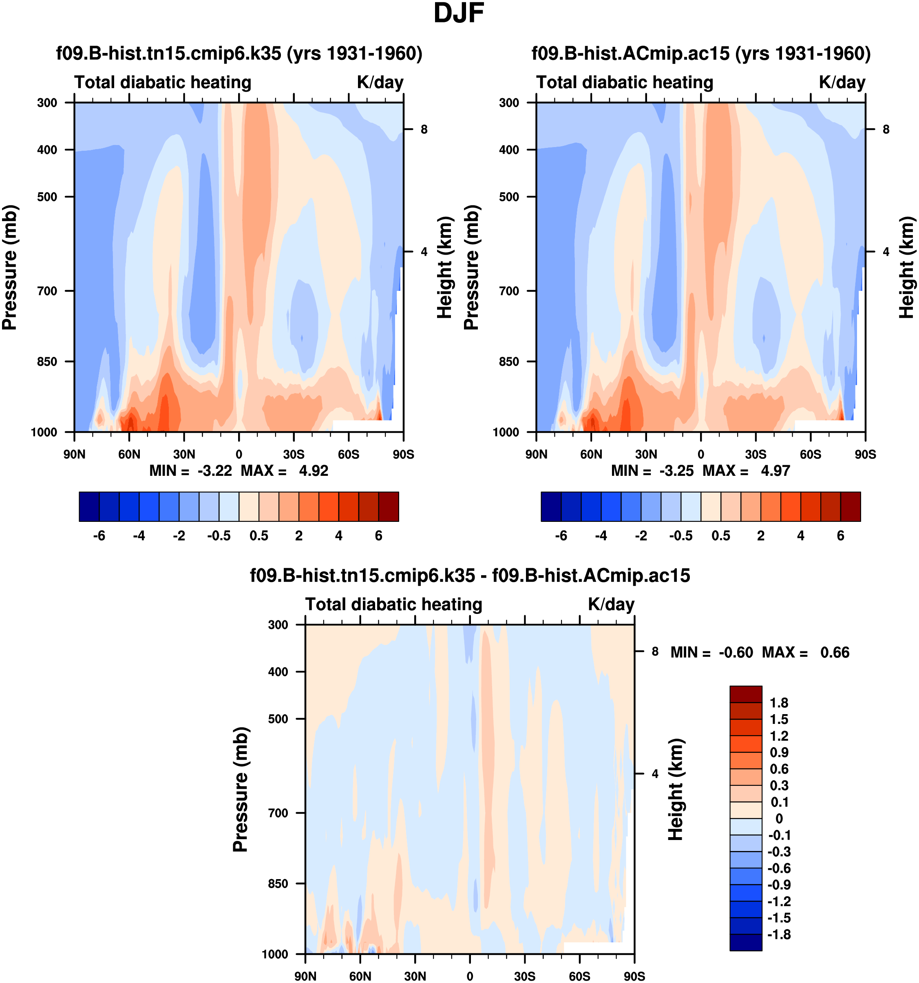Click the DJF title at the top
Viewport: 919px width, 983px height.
[458, 13]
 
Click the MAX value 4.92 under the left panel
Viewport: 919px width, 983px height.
[313, 471]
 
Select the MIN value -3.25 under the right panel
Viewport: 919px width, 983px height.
[676, 471]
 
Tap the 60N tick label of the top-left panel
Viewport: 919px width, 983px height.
[129, 454]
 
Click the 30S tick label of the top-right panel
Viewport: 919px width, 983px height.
[756, 454]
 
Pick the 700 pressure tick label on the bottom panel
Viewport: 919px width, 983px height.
[278, 813]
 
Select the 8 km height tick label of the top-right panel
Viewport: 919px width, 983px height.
[886, 130]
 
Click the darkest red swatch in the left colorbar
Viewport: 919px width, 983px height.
[389, 506]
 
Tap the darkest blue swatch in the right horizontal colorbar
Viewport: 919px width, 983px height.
[551, 506]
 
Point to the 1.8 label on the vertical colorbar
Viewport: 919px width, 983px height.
[779, 703]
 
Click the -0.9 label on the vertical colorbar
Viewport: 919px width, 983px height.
[779, 884]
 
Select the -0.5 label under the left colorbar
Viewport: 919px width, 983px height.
[219, 536]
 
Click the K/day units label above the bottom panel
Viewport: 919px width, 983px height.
[611, 604]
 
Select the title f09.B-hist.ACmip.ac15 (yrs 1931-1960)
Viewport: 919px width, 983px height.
[701, 53]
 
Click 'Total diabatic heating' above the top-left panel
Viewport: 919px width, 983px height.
[163, 82]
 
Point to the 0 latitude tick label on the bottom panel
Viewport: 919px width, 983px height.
[470, 976]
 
